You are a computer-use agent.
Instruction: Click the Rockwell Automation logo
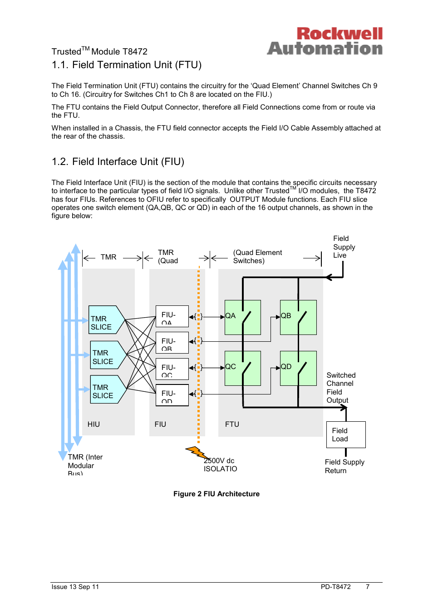click(x=325, y=41)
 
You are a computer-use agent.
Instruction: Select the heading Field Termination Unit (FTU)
click(x=127, y=65)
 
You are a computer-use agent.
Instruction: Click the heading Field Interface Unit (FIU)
click(x=118, y=162)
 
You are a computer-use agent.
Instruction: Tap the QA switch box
click(x=242, y=317)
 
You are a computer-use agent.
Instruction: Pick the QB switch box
click(x=298, y=317)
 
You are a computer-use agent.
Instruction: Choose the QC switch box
click(x=242, y=368)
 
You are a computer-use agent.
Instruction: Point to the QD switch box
click(x=298, y=368)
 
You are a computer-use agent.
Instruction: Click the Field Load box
click(x=346, y=434)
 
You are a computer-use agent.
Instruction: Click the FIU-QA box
click(x=172, y=316)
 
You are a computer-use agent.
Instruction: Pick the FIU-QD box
click(x=172, y=395)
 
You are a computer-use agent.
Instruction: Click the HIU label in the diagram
click(x=93, y=424)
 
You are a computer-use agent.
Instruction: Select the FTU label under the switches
click(x=232, y=424)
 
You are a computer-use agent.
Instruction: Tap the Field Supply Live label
click(x=344, y=247)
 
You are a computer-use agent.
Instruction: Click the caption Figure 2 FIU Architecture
click(x=216, y=494)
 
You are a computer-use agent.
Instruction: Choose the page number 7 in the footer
click(x=368, y=587)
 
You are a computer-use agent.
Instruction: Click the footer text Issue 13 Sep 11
click(x=75, y=587)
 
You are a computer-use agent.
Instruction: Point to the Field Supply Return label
click(x=344, y=466)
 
